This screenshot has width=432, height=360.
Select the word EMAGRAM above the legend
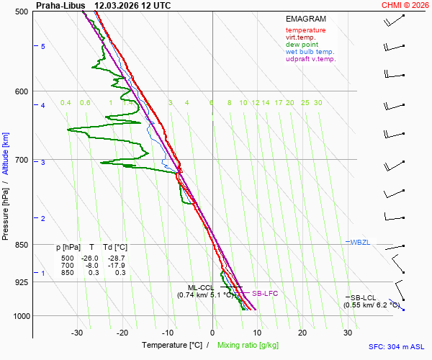pyautogui.click(x=306, y=19)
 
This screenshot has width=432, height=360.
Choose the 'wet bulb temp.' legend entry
pyautogui.click(x=310, y=52)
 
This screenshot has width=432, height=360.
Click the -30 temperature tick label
pyautogui.click(x=77, y=333)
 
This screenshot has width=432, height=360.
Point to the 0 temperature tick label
pyautogui.click(x=212, y=333)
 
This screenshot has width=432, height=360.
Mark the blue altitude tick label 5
pyautogui.click(x=42, y=46)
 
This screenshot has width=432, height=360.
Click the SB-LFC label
pyautogui.click(x=264, y=294)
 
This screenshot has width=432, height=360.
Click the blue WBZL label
pyautogui.click(x=361, y=242)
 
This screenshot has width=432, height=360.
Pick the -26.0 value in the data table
pyautogui.click(x=90, y=258)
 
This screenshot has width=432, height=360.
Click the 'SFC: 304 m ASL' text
pyautogui.click(x=396, y=346)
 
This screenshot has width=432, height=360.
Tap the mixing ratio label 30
pyautogui.click(x=318, y=103)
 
